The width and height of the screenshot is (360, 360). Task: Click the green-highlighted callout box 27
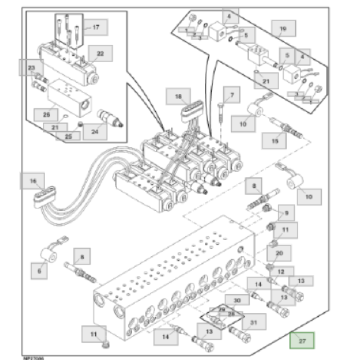pos(302,340)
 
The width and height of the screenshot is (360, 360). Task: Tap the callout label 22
pos(100,54)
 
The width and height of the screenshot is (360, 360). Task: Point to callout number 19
pos(283,29)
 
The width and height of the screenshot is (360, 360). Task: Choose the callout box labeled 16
pos(33,181)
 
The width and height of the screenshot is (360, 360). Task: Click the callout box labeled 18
pos(178,97)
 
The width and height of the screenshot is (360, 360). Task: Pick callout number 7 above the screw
pos(232,95)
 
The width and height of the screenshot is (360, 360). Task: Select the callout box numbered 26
pos(46,114)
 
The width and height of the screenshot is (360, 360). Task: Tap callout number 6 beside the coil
pos(39,271)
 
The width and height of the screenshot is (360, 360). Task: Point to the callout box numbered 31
pos(254,323)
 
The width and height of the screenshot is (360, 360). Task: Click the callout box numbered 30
pos(237,301)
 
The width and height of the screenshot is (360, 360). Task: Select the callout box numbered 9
pos(286,213)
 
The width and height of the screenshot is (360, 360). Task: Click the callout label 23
pos(31,68)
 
